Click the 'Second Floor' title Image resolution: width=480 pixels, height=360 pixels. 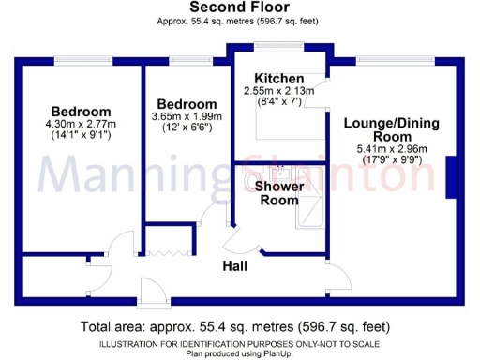238,9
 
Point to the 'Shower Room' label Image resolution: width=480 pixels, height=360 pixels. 279,192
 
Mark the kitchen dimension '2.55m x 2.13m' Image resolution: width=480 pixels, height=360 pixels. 275,91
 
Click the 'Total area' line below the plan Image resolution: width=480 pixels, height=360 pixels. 239,326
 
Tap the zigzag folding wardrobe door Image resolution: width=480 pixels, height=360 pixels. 168,250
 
